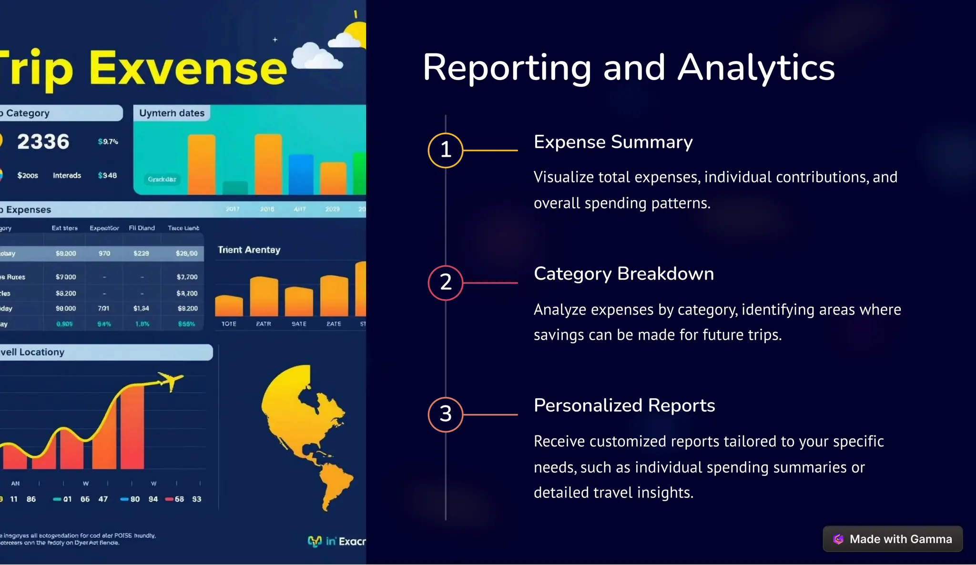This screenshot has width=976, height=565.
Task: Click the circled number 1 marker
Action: [445, 150]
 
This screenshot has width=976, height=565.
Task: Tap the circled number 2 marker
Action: [445, 282]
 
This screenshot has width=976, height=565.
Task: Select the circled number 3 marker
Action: [445, 414]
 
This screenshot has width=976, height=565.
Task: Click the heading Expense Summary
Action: [613, 142]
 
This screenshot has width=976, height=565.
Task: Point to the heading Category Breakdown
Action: [623, 274]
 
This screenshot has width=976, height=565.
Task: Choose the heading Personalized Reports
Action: [624, 405]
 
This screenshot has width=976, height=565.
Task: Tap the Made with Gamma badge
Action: [892, 539]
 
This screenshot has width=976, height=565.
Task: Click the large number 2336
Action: [43, 141]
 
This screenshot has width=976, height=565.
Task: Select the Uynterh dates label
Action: [172, 113]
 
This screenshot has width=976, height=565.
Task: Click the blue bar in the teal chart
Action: [301, 174]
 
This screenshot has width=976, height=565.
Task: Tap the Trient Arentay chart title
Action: [249, 250]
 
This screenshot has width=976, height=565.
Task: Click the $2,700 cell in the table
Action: [187, 277]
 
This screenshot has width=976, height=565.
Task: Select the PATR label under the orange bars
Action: [264, 324]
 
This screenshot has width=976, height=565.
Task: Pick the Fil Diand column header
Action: [142, 228]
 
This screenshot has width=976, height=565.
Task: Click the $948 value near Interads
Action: [107, 175]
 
